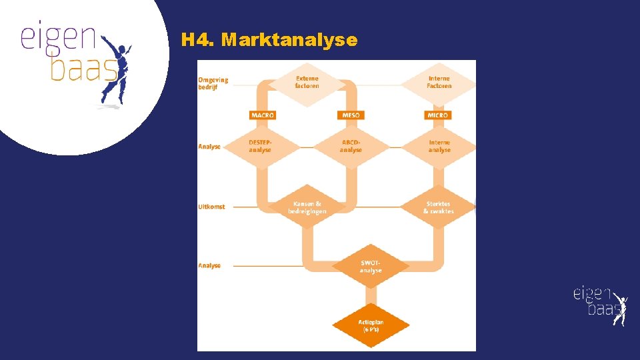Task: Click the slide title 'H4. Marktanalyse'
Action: point(269,40)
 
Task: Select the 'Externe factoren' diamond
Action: point(307,82)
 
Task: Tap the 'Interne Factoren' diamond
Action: point(439,82)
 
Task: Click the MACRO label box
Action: point(263,115)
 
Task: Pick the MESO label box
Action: point(351,115)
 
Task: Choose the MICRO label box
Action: point(438,115)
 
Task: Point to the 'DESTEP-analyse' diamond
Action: point(260,146)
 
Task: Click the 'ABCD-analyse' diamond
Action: point(351,146)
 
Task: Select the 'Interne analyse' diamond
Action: point(439,146)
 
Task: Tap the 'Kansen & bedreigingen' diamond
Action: point(307,207)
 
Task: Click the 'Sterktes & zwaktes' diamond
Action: point(438,207)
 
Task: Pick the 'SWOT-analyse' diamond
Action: point(371,267)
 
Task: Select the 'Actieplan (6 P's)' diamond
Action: point(371,325)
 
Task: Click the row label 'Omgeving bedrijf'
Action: point(213,83)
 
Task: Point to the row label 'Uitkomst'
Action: point(211,207)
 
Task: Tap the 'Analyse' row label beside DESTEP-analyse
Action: point(209,146)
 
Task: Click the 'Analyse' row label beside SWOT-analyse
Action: point(209,265)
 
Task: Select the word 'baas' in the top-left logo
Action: point(84,69)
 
